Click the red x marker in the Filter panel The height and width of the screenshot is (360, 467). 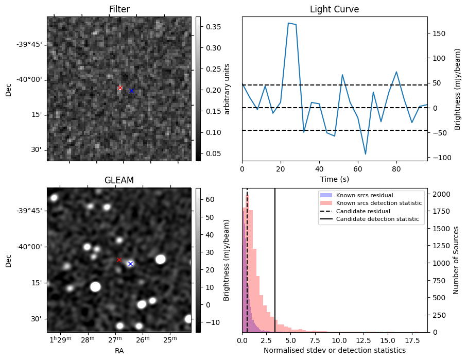[x=120, y=88]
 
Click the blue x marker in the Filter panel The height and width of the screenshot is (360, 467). [x=131, y=91]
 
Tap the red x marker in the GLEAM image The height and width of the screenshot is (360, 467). [x=119, y=260]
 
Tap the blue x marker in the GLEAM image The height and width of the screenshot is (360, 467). [x=130, y=264]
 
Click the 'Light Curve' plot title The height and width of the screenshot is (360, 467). [x=334, y=9]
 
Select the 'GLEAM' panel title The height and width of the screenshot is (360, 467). [x=119, y=180]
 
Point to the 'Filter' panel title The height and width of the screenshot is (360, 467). [x=119, y=9]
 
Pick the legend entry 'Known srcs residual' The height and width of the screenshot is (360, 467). [x=365, y=195]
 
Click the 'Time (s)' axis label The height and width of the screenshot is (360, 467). [x=334, y=179]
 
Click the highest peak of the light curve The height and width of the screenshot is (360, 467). [x=288, y=23]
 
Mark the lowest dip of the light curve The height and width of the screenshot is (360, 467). [x=366, y=154]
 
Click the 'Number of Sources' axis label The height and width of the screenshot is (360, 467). [x=456, y=260]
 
